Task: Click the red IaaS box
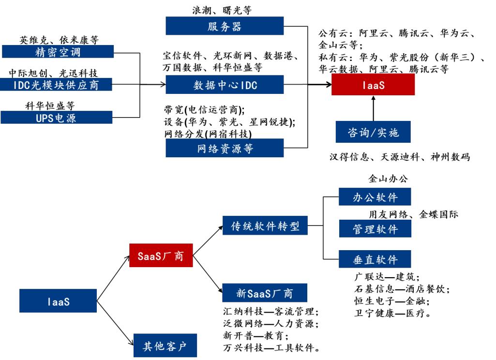[373, 85]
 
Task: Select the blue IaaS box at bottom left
[59, 301]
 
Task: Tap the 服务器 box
[224, 26]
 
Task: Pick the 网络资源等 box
[224, 148]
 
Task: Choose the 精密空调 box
[58, 52]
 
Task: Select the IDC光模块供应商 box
[58, 85]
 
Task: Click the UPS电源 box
[58, 118]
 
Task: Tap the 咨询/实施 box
[373, 132]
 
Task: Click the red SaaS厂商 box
[162, 255]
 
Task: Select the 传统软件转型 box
[265, 225]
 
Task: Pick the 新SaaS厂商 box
[265, 292]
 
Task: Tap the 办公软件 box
[375, 196]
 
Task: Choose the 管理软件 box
[375, 228]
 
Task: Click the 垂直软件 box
[375, 259]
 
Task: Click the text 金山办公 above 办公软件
[388, 179]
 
